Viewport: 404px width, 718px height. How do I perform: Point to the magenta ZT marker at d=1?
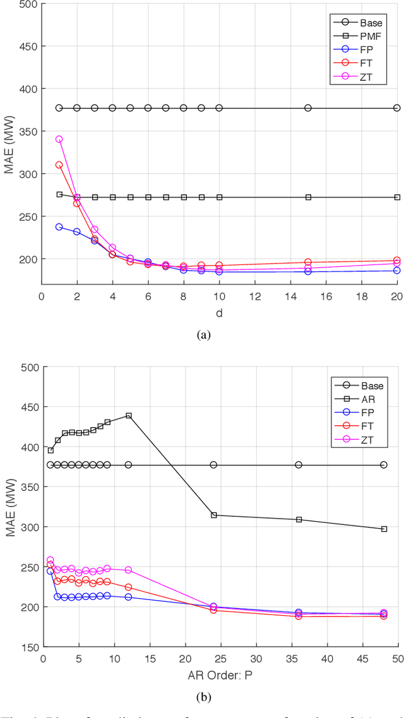pos(59,139)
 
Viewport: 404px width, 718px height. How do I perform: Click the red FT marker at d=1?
pos(59,165)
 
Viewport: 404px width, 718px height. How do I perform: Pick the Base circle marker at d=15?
pos(308,108)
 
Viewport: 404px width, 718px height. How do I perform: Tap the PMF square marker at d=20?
pos(397,197)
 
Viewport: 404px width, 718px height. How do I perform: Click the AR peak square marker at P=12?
pos(128,416)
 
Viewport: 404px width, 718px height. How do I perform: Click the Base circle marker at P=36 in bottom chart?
pos(299,465)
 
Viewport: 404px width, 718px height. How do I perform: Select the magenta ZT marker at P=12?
pos(128,570)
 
